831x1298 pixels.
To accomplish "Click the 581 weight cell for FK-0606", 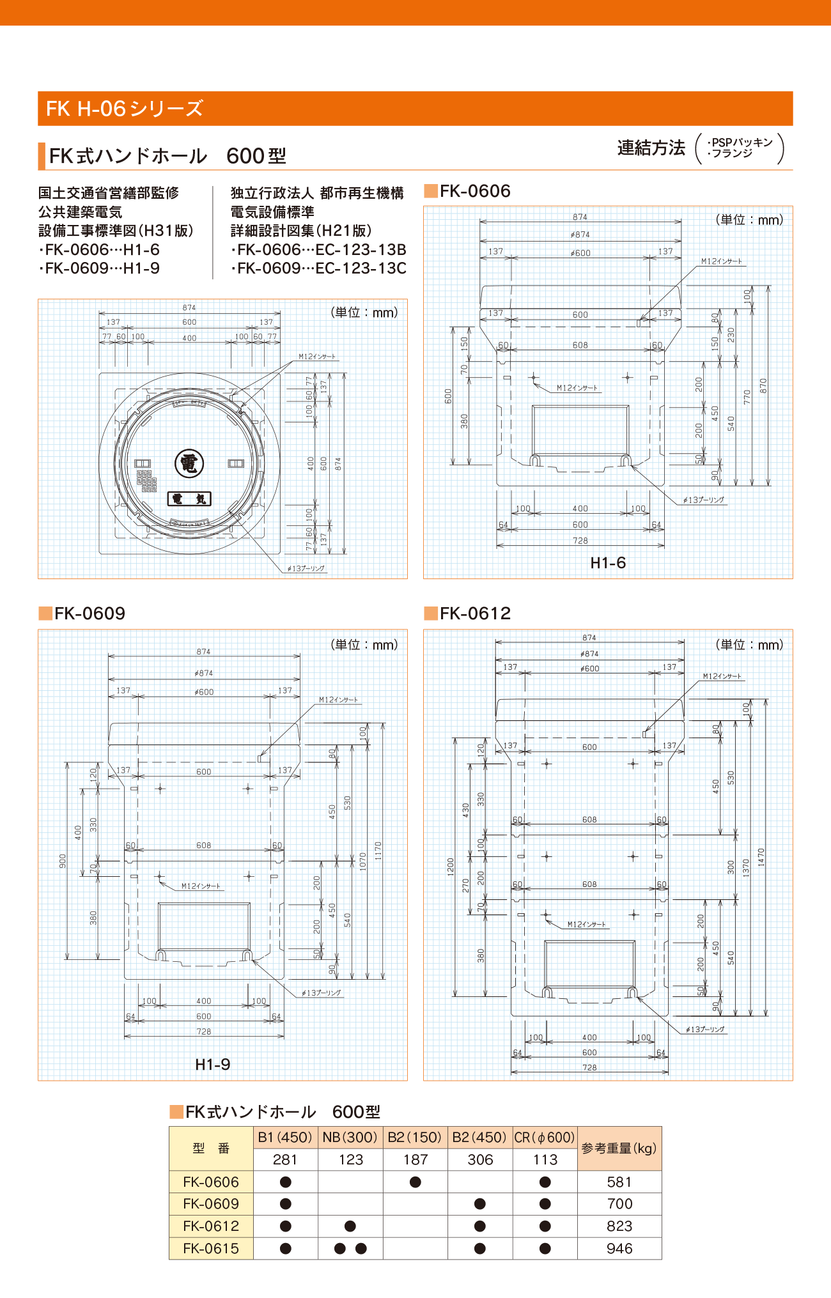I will click(619, 1182).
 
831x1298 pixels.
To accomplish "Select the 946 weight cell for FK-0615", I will click(619, 1248).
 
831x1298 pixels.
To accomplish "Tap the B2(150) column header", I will click(415, 1138).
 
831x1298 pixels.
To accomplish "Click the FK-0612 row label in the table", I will click(211, 1226).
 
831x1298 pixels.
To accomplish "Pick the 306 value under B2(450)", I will click(480, 1159).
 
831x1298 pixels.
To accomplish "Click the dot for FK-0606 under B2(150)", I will click(415, 1182).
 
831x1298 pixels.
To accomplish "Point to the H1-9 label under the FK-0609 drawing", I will click(212, 1064).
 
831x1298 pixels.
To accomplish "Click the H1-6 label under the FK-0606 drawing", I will click(607, 562).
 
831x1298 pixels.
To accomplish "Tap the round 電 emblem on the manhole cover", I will click(189, 463).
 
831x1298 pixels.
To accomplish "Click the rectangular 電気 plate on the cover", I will click(189, 498).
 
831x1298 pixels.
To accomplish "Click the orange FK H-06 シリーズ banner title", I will click(125, 109).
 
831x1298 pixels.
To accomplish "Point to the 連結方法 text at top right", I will click(651, 148).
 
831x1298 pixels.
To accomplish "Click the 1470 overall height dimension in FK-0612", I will click(761, 856).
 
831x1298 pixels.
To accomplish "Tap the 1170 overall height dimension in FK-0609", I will click(378, 850).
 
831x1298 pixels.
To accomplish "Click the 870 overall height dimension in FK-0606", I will click(763, 386).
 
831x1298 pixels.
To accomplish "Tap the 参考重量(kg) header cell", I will click(619, 1148).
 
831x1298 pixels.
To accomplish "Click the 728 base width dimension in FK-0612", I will click(589, 1067).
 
